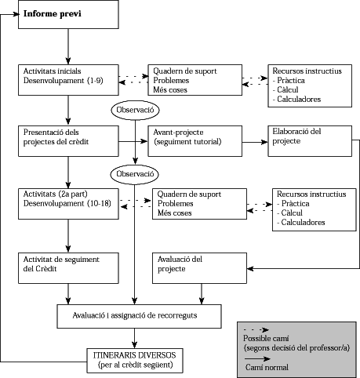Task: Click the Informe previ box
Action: [68, 15]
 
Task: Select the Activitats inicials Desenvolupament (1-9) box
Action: [68, 79]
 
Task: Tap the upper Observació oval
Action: [136, 111]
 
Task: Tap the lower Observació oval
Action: [136, 173]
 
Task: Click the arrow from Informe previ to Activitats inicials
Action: [68, 46]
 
